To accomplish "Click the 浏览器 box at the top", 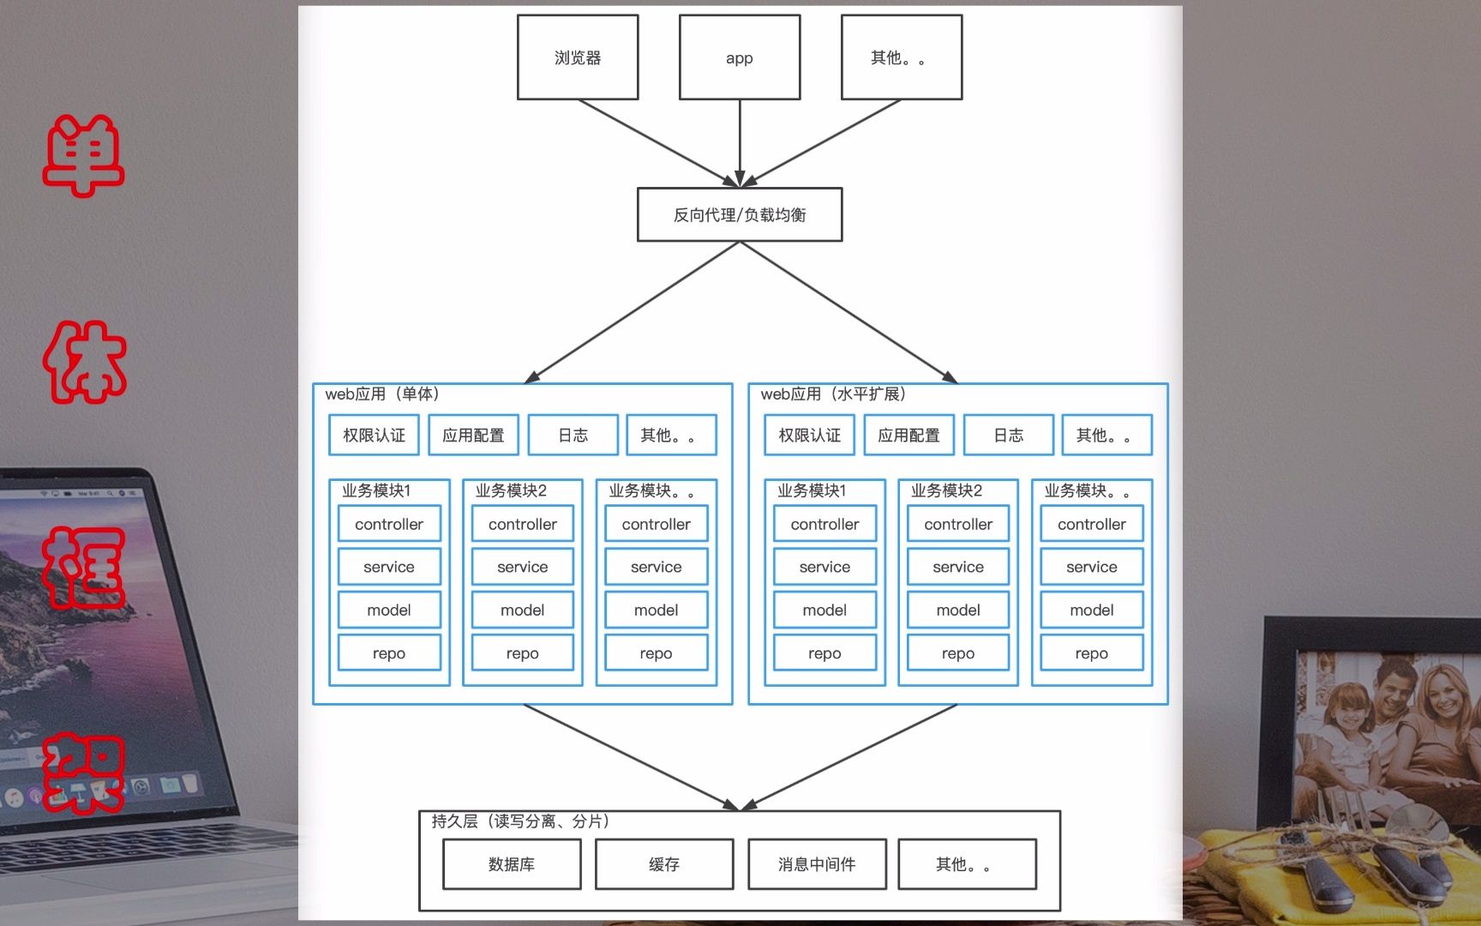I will point(578,57).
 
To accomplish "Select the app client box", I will point(740,57).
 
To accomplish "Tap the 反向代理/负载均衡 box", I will point(740,214).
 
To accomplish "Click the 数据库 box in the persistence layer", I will point(512,864).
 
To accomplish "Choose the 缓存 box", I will point(664,864).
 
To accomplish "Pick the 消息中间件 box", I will point(817,864).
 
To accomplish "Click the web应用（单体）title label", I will point(382,394).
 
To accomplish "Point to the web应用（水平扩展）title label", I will point(833,394).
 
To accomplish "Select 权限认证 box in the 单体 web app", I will point(374,436).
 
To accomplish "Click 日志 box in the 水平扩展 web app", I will point(1009,436).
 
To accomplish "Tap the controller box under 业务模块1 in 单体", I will point(389,524).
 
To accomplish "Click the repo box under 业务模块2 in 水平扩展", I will point(958,653).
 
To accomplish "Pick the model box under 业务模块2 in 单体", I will point(523,610).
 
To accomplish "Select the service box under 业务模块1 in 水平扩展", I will point(824,567).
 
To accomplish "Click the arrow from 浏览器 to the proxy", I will point(656,141).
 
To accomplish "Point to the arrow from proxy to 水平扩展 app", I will point(848,312).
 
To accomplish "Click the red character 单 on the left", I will point(84,156).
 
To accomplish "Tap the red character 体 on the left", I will point(84,362).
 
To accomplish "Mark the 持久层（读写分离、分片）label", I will point(520,821).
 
